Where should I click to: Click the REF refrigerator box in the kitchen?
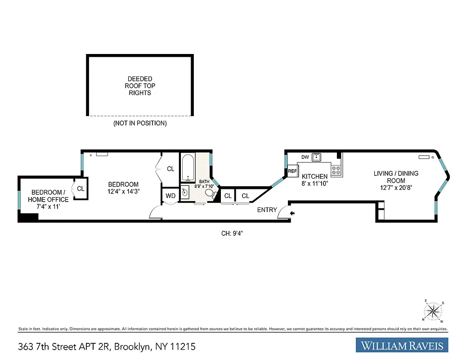(x=292, y=171)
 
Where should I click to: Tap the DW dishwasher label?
(x=305, y=157)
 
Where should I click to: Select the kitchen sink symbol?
(x=317, y=157)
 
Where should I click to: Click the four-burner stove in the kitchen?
(x=336, y=170)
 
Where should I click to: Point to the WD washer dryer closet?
(x=170, y=196)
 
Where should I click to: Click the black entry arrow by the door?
(x=292, y=213)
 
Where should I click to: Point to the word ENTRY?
(x=267, y=210)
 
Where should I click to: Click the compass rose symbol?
(x=433, y=310)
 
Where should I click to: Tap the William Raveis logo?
(x=402, y=346)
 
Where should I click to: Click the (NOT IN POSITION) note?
(x=140, y=123)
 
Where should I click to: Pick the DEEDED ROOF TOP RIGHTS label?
(x=139, y=85)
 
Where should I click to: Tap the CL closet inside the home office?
(x=81, y=189)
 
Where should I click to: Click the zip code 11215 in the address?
(x=184, y=346)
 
